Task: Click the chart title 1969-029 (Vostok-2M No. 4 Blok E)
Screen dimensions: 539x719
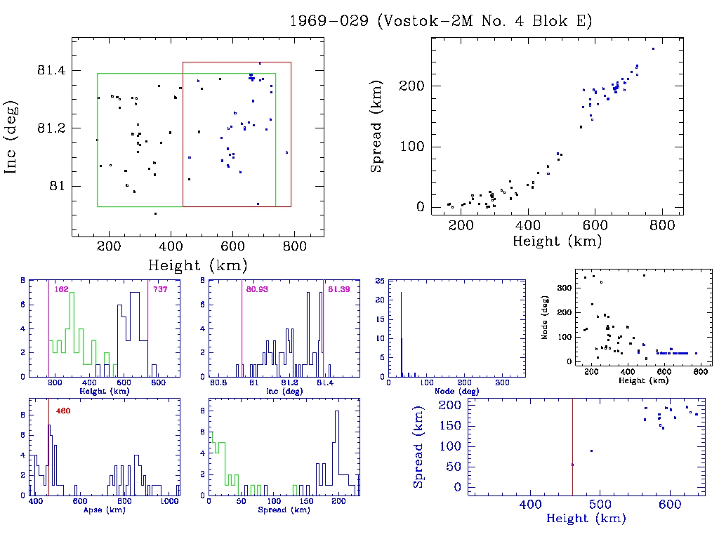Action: [441, 20]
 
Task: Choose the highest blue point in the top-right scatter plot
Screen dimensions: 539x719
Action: [653, 48]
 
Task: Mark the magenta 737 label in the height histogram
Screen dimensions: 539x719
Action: [160, 288]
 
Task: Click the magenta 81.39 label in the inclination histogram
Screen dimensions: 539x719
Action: [339, 288]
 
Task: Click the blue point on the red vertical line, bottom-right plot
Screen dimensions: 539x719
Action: [572, 465]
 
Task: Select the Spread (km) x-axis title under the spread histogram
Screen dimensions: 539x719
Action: [272, 510]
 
